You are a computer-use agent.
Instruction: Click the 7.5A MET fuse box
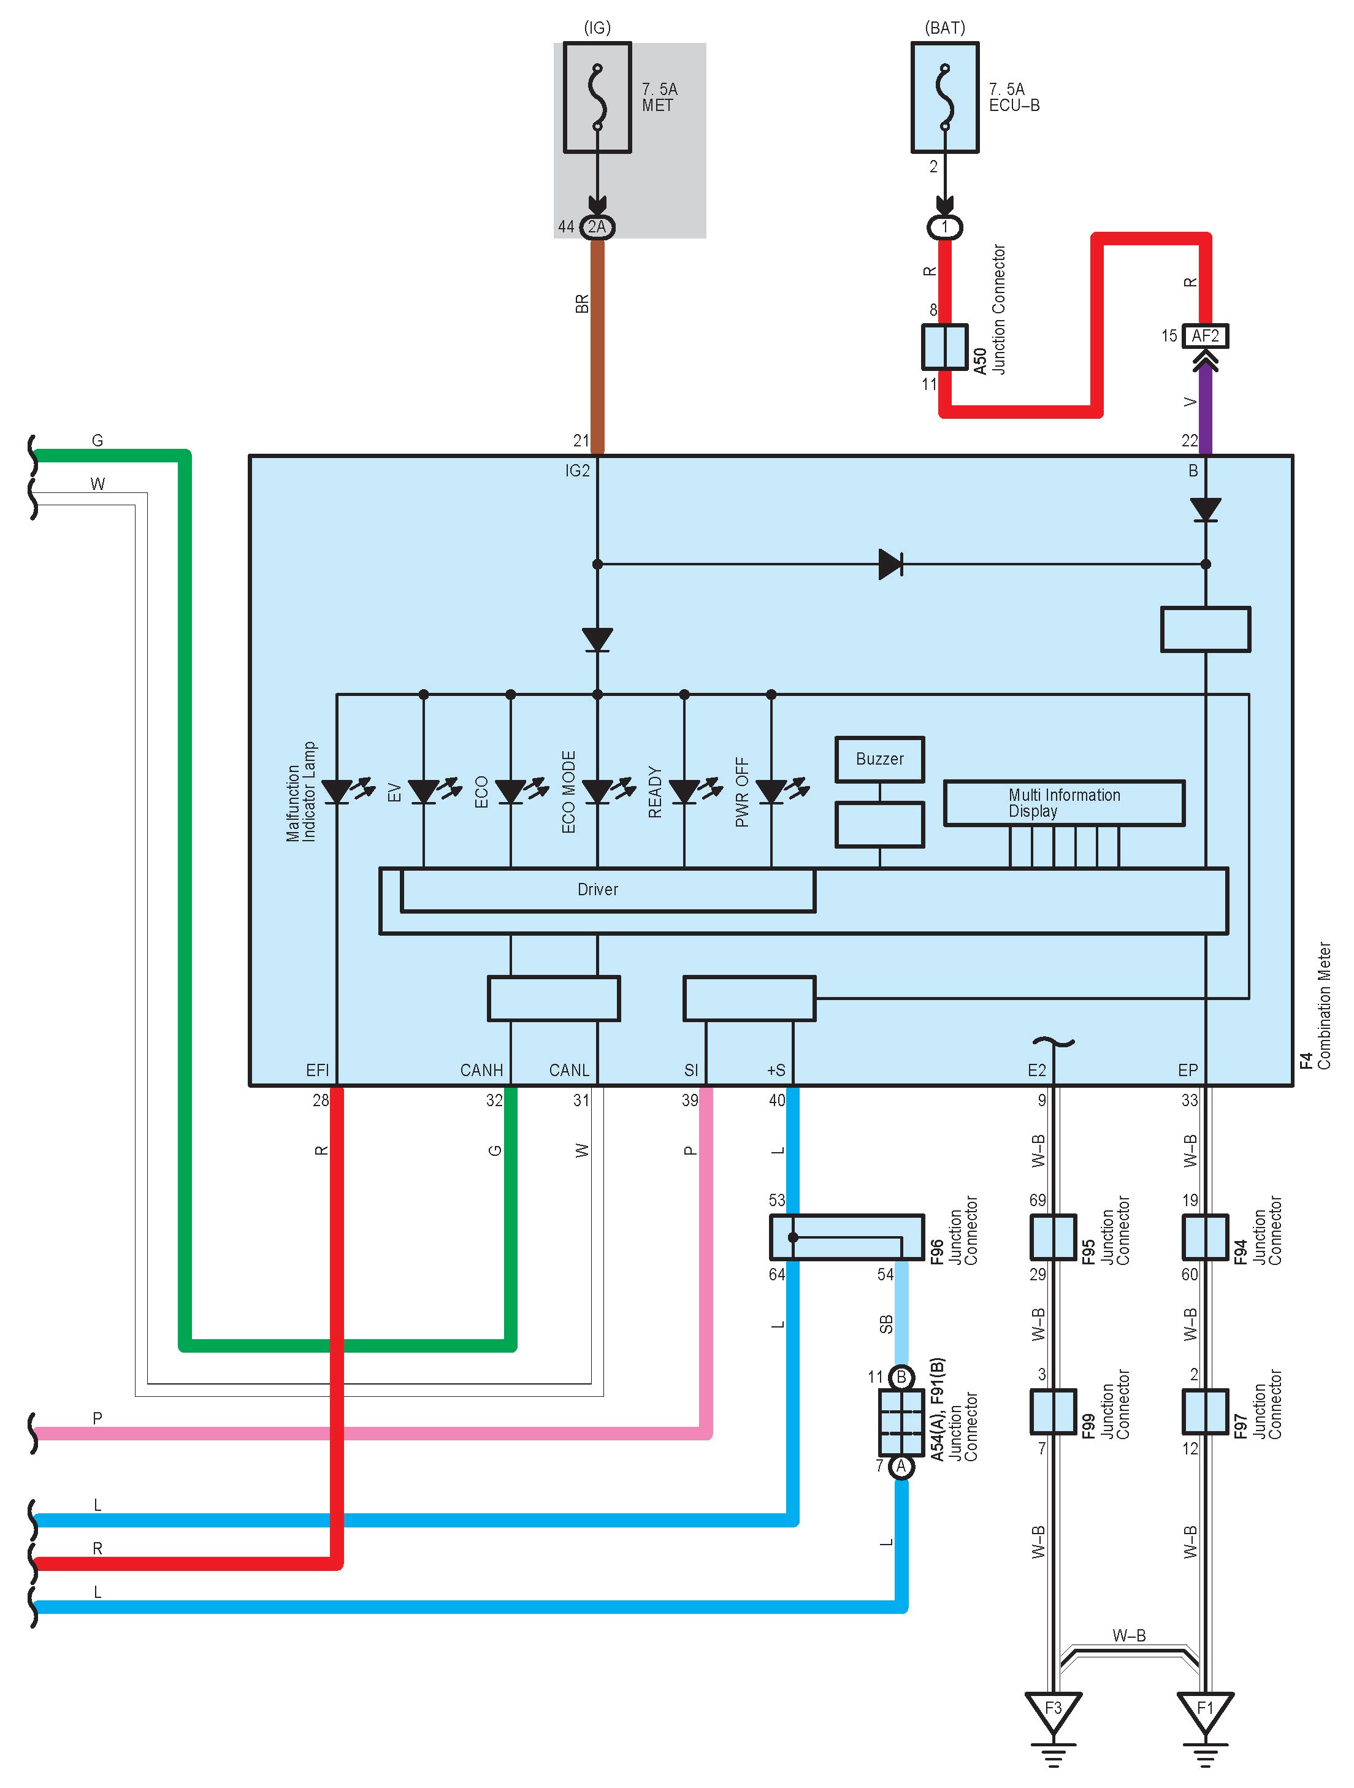(x=597, y=97)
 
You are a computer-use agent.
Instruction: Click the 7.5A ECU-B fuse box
(x=944, y=97)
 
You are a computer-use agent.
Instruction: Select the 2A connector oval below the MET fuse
(x=597, y=227)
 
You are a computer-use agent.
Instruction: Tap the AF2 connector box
(x=1204, y=335)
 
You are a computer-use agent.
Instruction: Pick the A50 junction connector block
(x=944, y=347)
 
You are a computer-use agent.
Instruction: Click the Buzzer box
(x=879, y=759)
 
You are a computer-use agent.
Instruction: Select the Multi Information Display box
(x=1064, y=803)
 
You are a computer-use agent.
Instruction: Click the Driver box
(x=608, y=890)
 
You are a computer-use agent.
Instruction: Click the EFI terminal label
(x=317, y=1070)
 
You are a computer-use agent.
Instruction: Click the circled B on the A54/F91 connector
(x=900, y=1377)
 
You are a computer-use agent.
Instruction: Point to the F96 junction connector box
(x=846, y=1237)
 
